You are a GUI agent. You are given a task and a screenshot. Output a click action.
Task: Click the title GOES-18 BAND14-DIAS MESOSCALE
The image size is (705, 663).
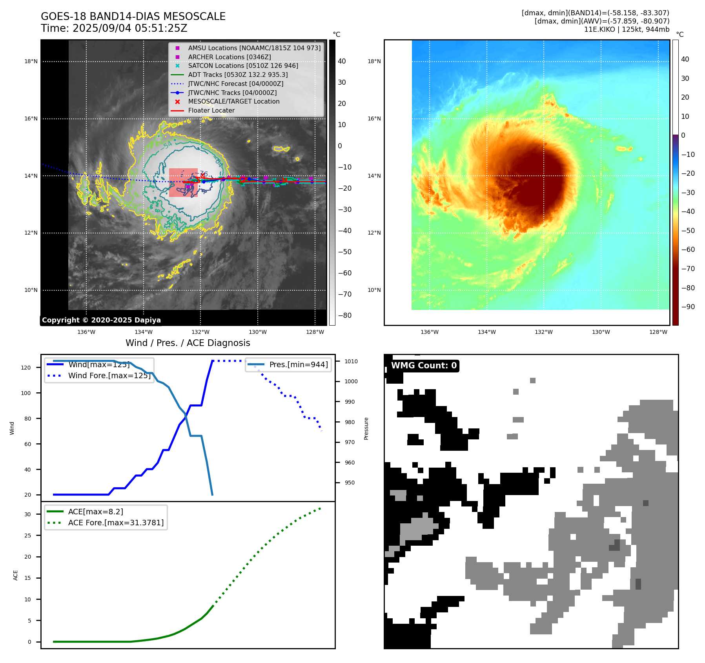(x=133, y=16)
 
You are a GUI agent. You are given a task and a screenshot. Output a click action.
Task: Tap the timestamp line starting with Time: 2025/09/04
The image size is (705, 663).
(x=114, y=28)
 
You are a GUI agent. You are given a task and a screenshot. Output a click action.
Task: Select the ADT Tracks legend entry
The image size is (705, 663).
(x=238, y=75)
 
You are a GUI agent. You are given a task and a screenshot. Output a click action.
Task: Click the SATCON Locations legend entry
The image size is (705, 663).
(x=243, y=66)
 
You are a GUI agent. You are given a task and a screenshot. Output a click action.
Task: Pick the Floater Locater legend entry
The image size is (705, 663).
(x=211, y=110)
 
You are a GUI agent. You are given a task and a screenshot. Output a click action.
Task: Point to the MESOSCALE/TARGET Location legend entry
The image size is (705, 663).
(x=234, y=101)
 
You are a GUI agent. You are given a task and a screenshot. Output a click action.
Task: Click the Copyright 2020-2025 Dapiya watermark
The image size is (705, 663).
(x=101, y=320)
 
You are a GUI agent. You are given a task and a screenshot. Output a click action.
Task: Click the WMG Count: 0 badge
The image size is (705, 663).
(x=424, y=366)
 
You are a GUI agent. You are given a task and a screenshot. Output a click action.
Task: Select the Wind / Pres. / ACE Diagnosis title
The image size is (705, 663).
(x=188, y=343)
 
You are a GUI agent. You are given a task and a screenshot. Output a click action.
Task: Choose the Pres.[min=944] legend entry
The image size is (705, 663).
(x=298, y=364)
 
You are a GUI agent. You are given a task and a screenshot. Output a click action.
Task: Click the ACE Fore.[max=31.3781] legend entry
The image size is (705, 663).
(x=116, y=523)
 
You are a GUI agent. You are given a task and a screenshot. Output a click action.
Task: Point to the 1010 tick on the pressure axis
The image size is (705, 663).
(x=351, y=361)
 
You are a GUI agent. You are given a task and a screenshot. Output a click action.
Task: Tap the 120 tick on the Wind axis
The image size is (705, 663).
(x=26, y=368)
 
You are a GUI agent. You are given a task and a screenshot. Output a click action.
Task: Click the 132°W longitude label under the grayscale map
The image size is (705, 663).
(x=200, y=332)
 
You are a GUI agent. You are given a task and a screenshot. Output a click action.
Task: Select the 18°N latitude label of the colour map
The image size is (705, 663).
(x=374, y=61)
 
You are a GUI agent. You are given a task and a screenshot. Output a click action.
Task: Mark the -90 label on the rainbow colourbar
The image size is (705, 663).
(x=688, y=307)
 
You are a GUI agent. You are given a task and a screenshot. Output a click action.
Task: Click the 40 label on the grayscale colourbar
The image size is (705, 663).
(x=342, y=61)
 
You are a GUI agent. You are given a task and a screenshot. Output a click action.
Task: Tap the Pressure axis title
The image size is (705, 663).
(x=366, y=428)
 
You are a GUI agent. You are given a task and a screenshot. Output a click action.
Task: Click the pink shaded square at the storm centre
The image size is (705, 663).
(x=183, y=182)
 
